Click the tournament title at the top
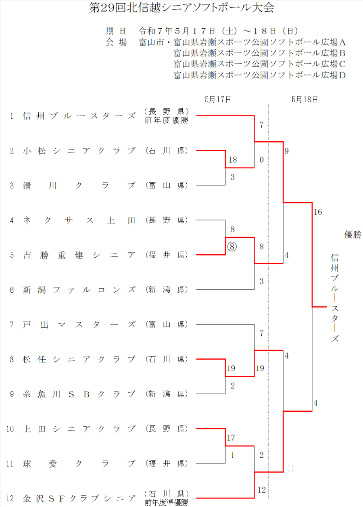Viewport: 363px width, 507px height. point(181,8)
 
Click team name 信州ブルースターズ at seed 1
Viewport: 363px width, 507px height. point(79,116)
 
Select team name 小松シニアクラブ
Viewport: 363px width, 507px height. point(79,151)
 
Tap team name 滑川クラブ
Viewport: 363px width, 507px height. point(79,186)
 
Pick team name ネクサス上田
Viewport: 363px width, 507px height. point(79,220)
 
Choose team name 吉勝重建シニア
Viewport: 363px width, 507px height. point(79,255)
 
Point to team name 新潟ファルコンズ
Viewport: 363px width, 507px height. point(79,290)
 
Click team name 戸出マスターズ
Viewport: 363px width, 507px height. point(79,325)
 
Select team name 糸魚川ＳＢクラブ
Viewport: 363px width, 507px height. point(79,394)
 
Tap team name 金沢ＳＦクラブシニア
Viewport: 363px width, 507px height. point(79,498)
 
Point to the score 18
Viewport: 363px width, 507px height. point(233,160)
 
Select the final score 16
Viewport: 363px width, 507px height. point(318,212)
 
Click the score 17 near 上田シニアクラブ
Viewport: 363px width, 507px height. point(231,438)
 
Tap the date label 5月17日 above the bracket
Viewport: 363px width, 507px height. point(218,99)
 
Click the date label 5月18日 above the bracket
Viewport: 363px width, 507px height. point(305,99)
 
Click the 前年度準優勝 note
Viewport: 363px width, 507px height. point(166,503)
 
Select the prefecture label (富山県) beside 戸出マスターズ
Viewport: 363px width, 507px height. point(166,325)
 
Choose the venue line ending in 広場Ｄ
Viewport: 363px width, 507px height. point(260,75)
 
